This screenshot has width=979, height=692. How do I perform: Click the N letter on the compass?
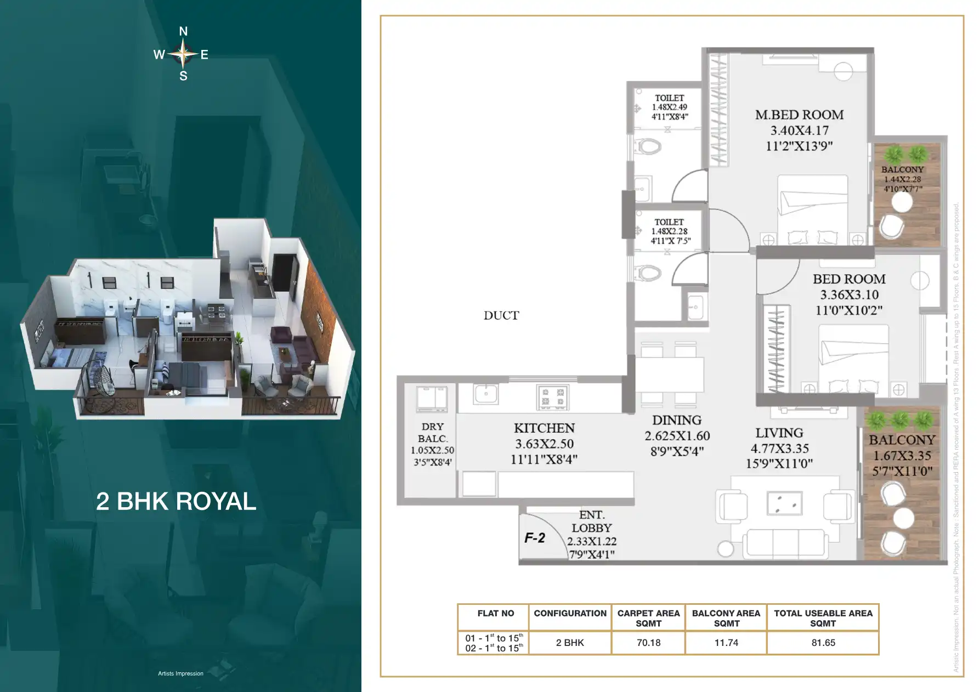click(183, 32)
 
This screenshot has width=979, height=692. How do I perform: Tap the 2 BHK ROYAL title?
click(176, 501)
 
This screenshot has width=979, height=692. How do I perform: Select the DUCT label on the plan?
click(501, 315)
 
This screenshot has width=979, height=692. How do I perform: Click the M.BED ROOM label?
click(799, 115)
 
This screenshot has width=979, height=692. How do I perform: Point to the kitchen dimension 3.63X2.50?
click(544, 444)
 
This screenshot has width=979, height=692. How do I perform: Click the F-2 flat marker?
click(535, 538)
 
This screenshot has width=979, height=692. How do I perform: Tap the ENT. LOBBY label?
click(591, 521)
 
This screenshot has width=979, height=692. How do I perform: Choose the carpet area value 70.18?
click(648, 643)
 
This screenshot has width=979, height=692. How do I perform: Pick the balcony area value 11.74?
click(726, 643)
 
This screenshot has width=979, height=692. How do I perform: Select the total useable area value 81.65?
click(823, 643)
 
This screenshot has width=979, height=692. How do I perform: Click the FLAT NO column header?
click(495, 614)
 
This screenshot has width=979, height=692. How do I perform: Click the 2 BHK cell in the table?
click(570, 643)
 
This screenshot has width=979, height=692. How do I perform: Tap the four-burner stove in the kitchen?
click(552, 398)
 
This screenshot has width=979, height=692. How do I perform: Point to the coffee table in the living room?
click(784, 503)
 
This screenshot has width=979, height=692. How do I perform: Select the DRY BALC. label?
click(433, 432)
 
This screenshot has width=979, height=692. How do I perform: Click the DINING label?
click(677, 421)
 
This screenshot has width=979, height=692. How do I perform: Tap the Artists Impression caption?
click(180, 673)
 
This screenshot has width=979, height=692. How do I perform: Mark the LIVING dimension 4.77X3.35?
click(779, 449)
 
